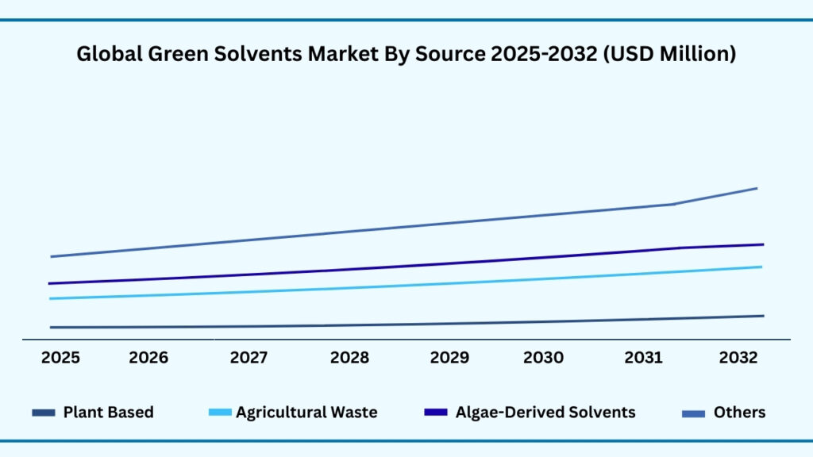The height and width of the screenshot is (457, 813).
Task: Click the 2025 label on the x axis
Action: (x=60, y=358)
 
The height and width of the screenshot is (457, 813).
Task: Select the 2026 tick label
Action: (x=148, y=358)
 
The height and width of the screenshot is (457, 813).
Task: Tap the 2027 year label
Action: (x=249, y=358)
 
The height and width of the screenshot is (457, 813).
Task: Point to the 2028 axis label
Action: (x=349, y=358)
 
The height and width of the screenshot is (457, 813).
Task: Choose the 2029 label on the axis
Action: (x=449, y=358)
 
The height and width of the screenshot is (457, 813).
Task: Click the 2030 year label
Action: (x=544, y=358)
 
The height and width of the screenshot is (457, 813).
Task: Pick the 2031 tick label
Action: (x=644, y=358)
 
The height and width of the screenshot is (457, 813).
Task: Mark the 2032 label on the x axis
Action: (x=738, y=358)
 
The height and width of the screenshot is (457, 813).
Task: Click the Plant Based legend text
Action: (x=108, y=413)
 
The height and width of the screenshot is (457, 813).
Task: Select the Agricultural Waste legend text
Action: (x=306, y=413)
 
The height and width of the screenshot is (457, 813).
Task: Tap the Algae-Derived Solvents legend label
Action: (x=545, y=413)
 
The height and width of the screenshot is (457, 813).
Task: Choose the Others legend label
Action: (x=739, y=413)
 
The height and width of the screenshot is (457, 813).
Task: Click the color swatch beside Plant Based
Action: (x=44, y=413)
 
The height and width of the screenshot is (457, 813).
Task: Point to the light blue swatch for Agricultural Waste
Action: (x=220, y=413)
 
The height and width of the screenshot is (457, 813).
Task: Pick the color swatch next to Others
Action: (x=695, y=413)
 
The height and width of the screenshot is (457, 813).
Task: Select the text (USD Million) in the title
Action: (x=670, y=55)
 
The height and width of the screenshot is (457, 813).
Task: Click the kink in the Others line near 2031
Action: (x=674, y=204)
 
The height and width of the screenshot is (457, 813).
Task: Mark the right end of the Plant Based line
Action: (x=763, y=316)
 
